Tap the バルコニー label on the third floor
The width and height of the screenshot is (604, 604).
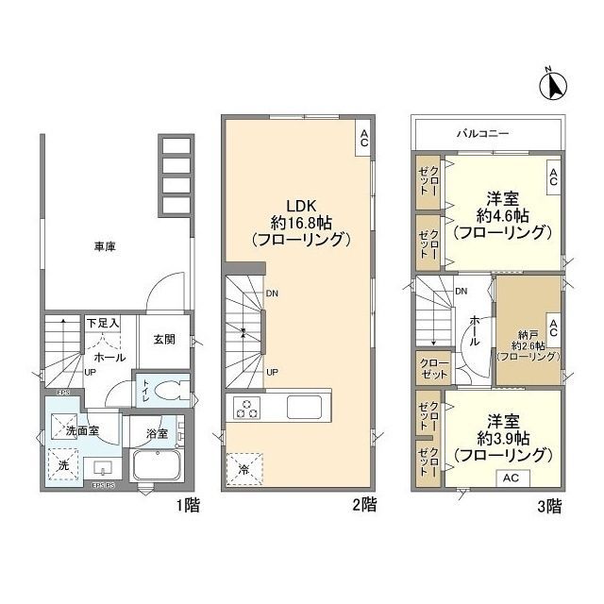487,132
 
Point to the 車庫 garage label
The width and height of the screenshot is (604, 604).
104,246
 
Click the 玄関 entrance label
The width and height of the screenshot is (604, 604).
165,339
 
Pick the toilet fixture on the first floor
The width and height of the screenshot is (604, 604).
167,391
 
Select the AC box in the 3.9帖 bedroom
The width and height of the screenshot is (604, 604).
510,478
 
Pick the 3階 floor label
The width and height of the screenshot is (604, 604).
549,506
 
